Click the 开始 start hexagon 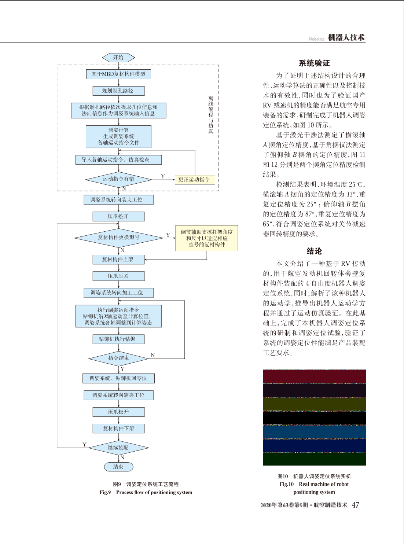pyautogui.click(x=118, y=58)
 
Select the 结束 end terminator pyautogui.click(x=118, y=467)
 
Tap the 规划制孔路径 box pyautogui.click(x=118, y=91)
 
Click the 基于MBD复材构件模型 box pyautogui.click(x=118, y=74)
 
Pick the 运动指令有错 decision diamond pyautogui.click(x=118, y=180)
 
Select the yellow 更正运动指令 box pyautogui.click(x=195, y=180)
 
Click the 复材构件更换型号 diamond pyautogui.click(x=118, y=238)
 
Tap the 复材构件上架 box pyautogui.click(x=118, y=260)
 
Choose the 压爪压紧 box pyautogui.click(x=118, y=276)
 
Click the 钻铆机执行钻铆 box pyautogui.click(x=118, y=339)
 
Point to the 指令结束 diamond pyautogui.click(x=118, y=359)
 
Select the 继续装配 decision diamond pyautogui.click(x=118, y=448)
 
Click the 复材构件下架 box pyautogui.click(x=118, y=429)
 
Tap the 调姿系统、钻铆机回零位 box pyautogui.click(x=118, y=378)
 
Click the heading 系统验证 pyautogui.click(x=314, y=63)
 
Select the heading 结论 pyautogui.click(x=314, y=251)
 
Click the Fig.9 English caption pyautogui.click(x=146, y=492)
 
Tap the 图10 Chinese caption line pyautogui.click(x=314, y=476)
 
